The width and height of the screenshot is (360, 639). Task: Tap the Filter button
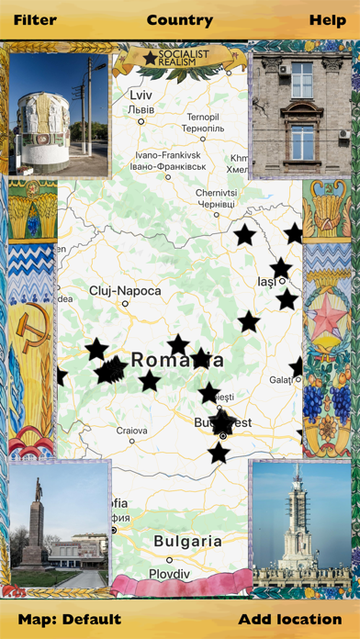pyautogui.click(x=35, y=19)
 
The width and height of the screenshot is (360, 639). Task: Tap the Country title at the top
pyautogui.click(x=180, y=19)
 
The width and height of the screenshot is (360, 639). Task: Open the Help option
pyautogui.click(x=328, y=19)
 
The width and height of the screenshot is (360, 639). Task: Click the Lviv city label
pyautogui.click(x=141, y=95)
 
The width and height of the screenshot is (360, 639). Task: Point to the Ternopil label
pyautogui.click(x=204, y=117)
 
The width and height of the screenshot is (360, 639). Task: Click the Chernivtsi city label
pyautogui.click(x=217, y=193)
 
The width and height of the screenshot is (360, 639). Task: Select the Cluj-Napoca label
pyautogui.click(x=125, y=291)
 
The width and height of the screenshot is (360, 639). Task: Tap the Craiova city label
pyautogui.click(x=131, y=430)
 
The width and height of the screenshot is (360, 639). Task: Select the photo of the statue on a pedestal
pyautogui.click(x=59, y=525)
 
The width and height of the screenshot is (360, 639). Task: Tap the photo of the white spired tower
pyautogui.click(x=300, y=525)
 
